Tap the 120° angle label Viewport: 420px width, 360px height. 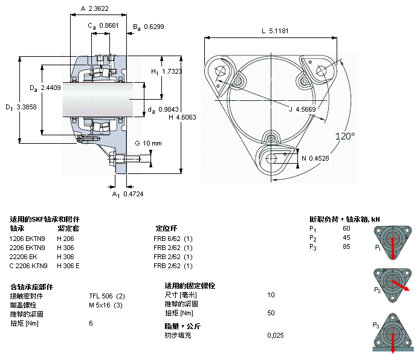pos(345,137)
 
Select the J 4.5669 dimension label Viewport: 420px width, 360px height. pos(302,109)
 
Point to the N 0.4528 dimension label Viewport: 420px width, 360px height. pos(315,158)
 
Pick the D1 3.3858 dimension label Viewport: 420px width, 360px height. pos(22,108)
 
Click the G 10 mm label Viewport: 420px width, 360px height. pos(148,143)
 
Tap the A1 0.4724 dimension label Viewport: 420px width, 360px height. pos(128,194)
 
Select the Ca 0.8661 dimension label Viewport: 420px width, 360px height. pos(103,25)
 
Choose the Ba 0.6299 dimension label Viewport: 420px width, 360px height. pos(148,26)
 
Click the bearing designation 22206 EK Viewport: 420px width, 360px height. pos(24,257)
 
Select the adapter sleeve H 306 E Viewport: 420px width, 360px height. pos(68,266)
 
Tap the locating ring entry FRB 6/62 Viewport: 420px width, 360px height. pos(173,238)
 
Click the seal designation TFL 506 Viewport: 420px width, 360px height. pos(106,296)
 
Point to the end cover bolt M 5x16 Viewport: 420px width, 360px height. pos(106,305)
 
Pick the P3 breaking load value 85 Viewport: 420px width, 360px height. pos(346,246)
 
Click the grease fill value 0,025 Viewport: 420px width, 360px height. pos(275,335)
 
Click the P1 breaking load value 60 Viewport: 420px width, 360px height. pos(346,228)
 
